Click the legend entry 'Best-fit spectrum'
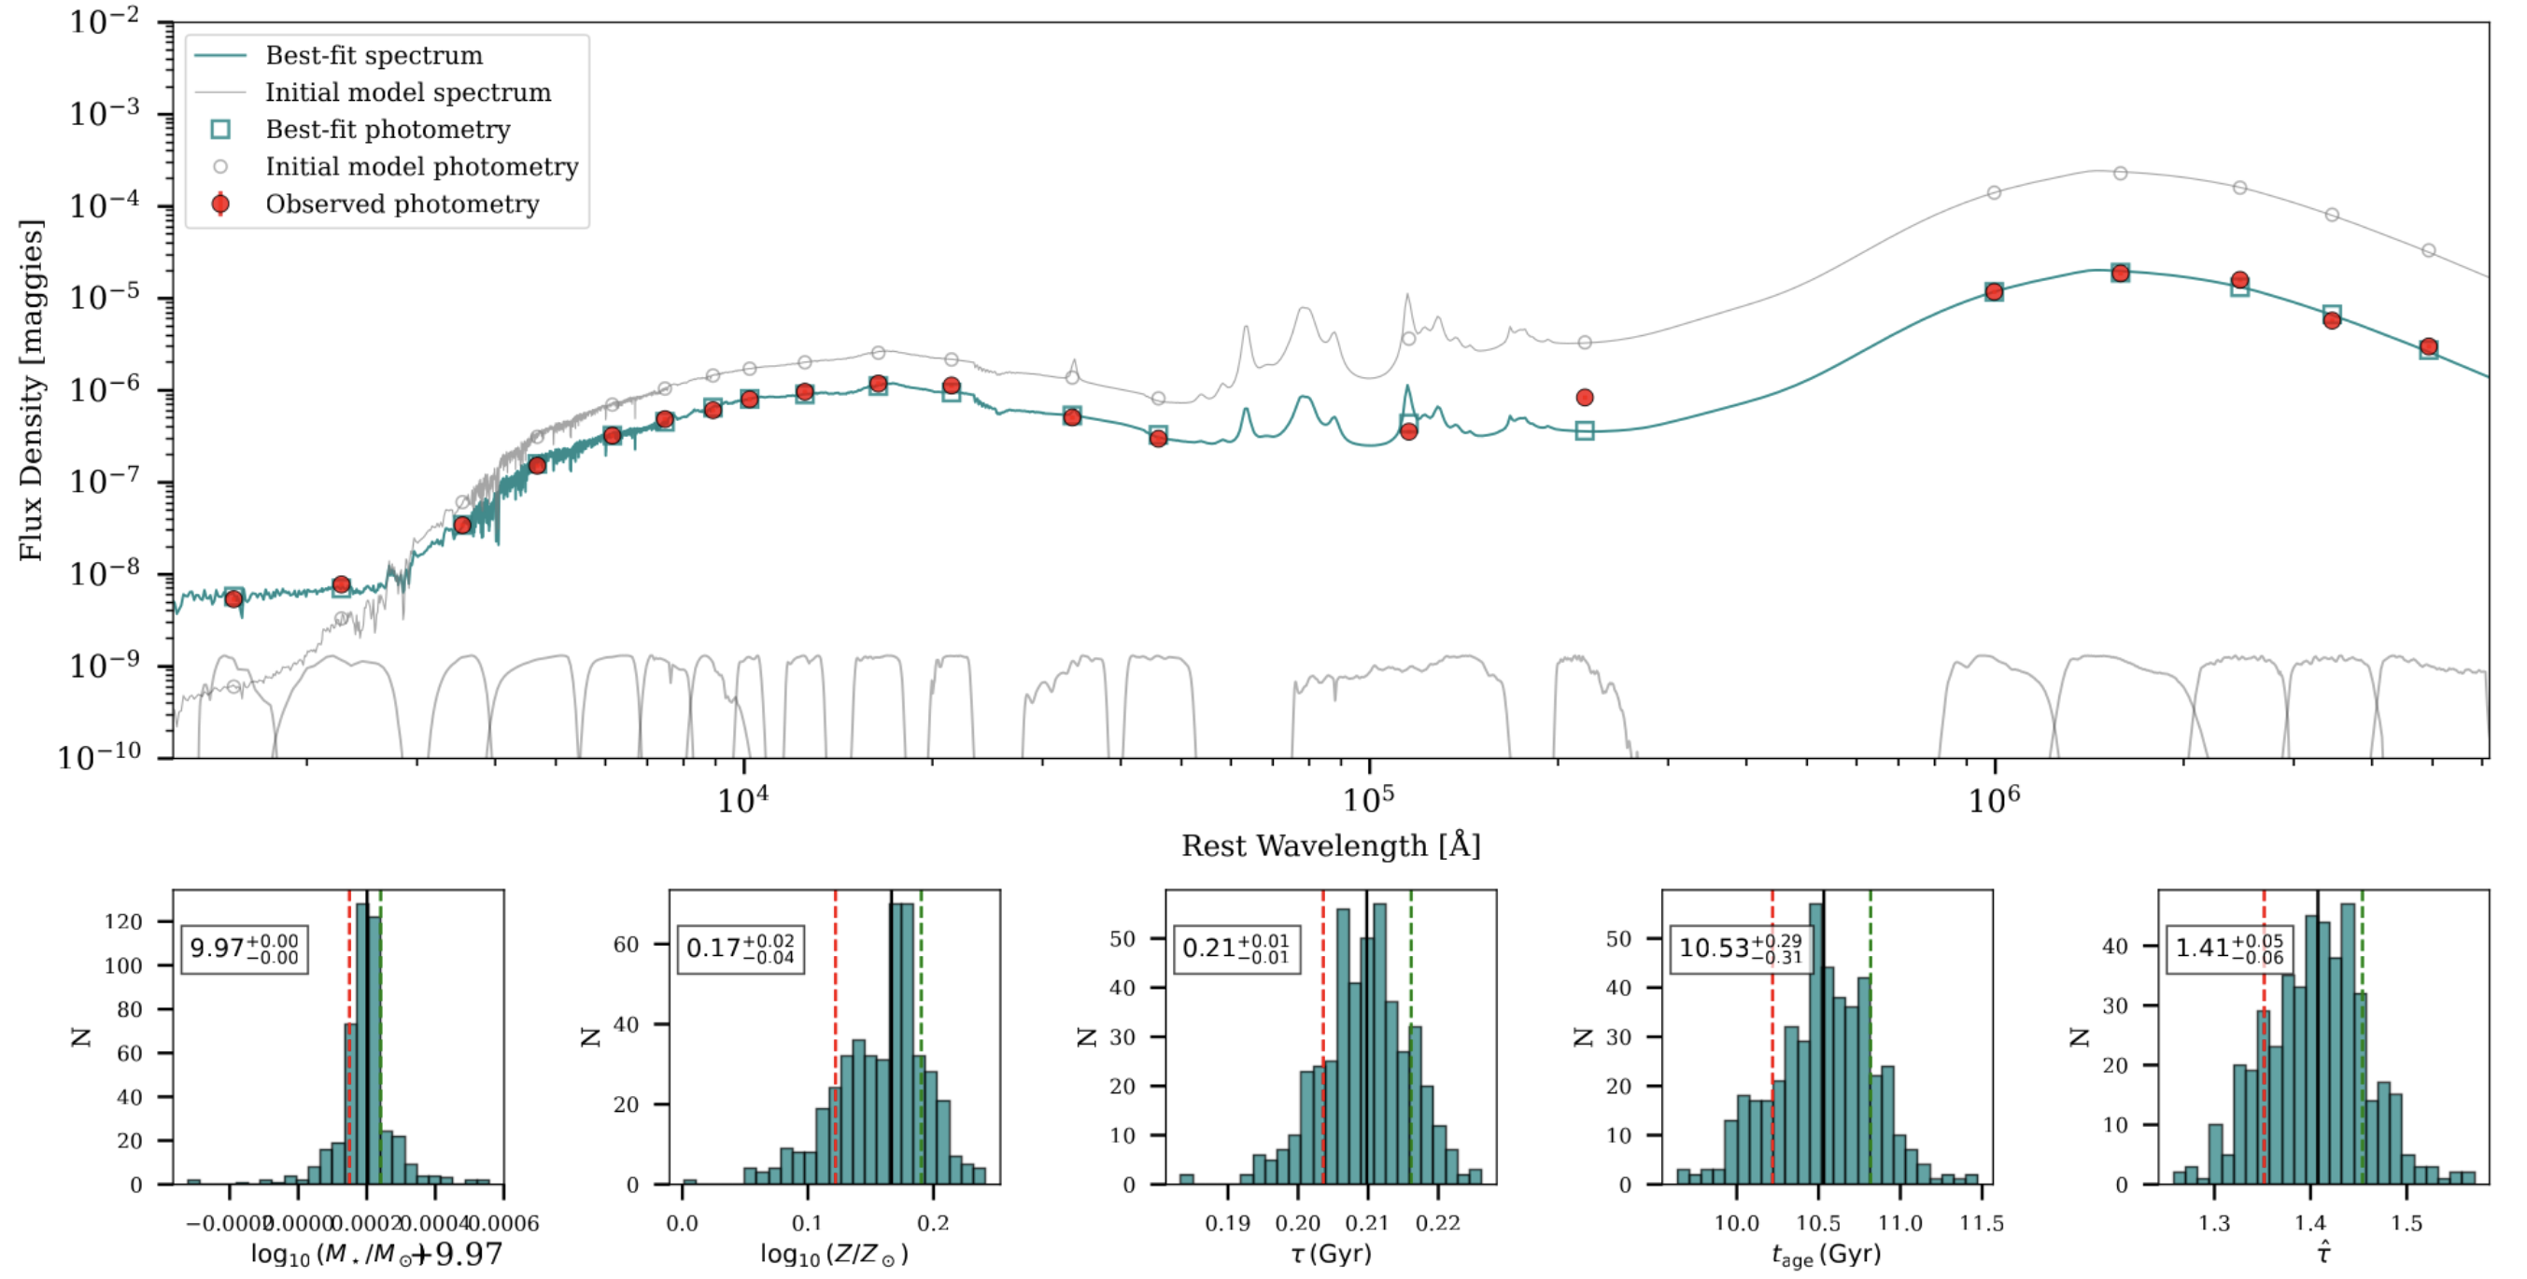(x=373, y=55)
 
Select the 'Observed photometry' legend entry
(x=402, y=204)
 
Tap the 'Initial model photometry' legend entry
(x=421, y=167)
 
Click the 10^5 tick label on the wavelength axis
(x=1366, y=800)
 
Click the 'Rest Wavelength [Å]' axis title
(x=1329, y=846)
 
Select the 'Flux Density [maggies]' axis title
(x=32, y=389)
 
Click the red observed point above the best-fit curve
(x=1585, y=397)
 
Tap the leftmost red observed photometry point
(x=233, y=598)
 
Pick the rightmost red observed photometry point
(x=2428, y=346)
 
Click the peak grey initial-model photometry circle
(x=2120, y=173)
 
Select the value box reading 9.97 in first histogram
(x=245, y=949)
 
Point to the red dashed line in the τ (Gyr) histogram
(x=1322, y=1040)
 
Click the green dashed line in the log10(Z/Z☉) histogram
(x=921, y=1040)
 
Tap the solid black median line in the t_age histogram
(x=1823, y=1040)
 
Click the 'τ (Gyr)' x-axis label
(x=1330, y=1253)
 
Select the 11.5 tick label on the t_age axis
(x=1981, y=1223)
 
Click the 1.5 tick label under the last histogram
(x=2406, y=1223)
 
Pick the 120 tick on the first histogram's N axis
(x=123, y=921)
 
